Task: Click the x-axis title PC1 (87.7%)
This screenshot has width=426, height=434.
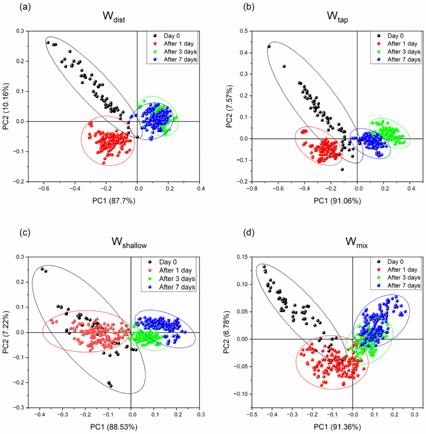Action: click(x=113, y=201)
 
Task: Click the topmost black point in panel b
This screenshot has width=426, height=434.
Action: click(x=269, y=47)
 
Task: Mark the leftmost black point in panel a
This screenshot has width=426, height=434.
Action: click(x=48, y=42)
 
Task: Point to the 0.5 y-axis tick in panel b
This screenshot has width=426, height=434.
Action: click(x=244, y=31)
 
